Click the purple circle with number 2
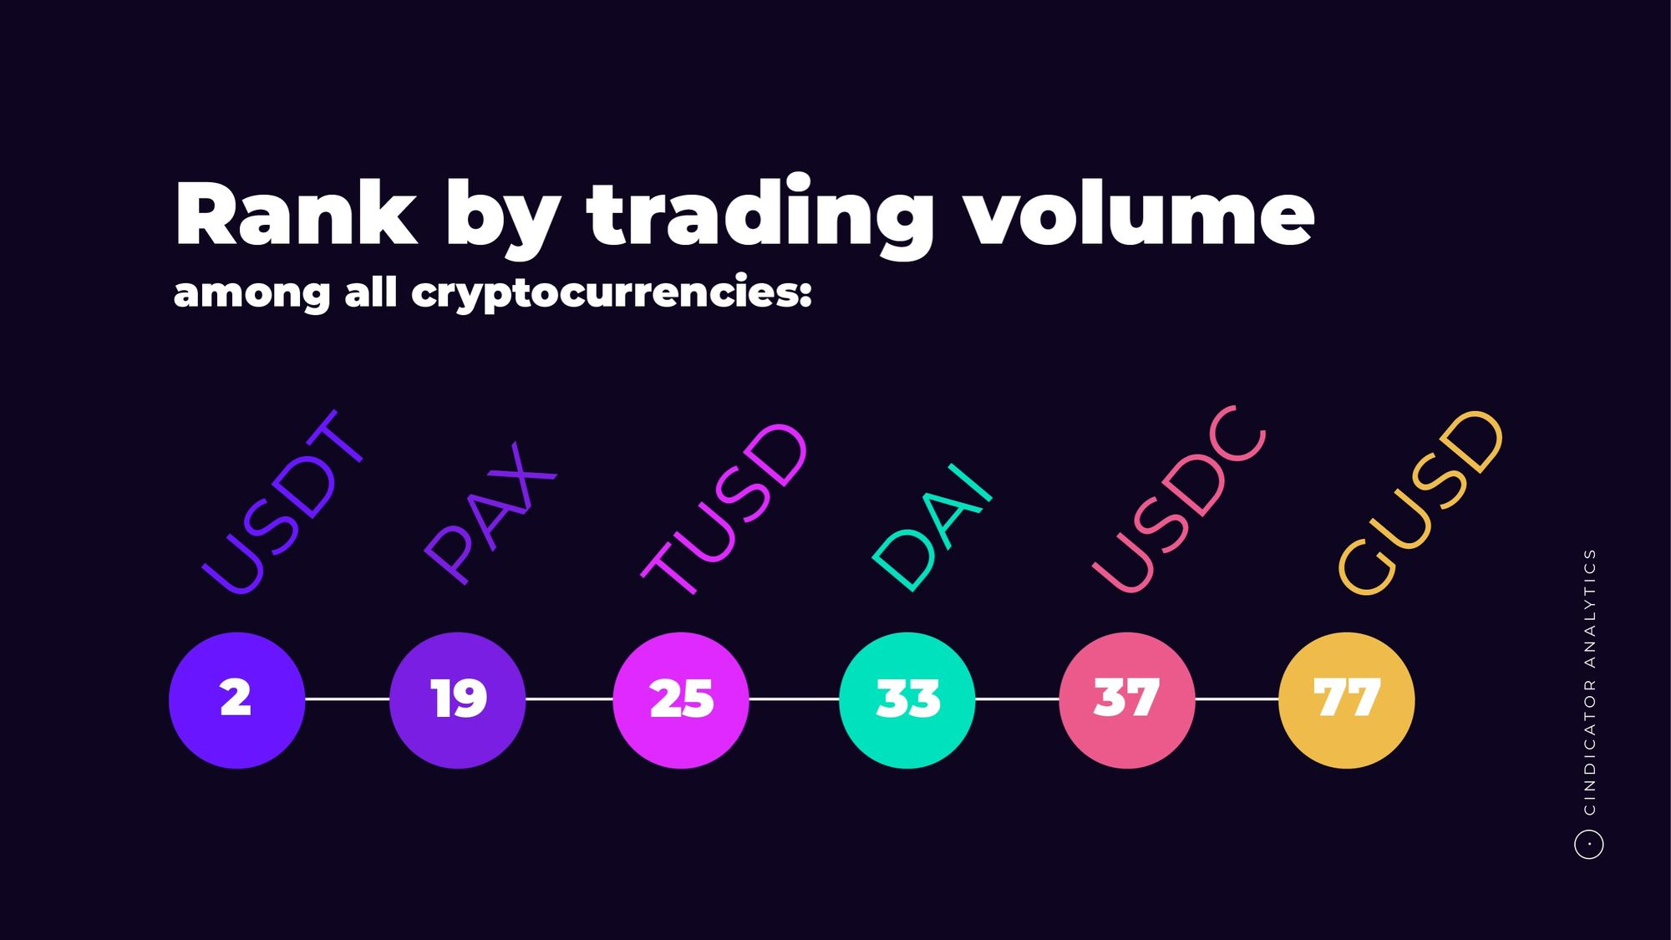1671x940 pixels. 236,700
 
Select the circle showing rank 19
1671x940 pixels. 457,700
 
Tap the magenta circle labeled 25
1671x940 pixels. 681,700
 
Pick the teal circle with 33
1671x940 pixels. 907,700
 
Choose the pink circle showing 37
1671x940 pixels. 1127,700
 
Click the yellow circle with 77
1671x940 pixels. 1347,700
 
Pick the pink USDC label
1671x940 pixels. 1180,500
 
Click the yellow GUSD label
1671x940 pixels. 1420,503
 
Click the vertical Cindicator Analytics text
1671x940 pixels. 1589,682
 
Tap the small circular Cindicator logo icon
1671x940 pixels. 1589,844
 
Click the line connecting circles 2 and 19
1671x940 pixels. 348,699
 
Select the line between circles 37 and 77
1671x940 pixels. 1237,699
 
